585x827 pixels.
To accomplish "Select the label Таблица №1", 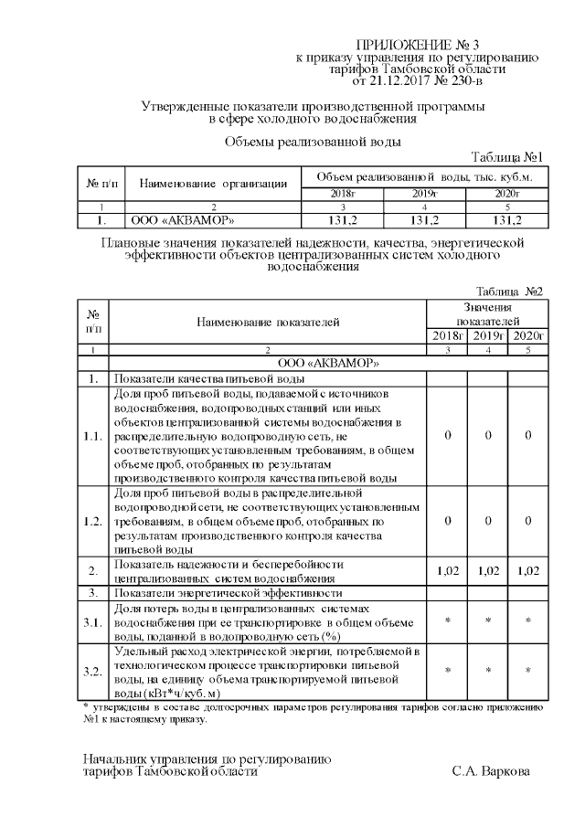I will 507,156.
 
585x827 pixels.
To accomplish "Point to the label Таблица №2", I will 509,292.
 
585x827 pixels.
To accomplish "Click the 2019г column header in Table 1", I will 425,194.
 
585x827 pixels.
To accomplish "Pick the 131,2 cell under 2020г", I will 506,220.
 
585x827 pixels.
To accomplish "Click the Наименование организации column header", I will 213,184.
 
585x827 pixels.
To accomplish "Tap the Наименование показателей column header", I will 267,322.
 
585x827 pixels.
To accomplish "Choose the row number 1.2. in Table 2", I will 91,521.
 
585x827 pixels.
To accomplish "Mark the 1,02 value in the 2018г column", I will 447,570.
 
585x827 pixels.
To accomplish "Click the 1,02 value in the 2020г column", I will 527,570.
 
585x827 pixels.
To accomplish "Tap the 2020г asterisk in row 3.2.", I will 527,672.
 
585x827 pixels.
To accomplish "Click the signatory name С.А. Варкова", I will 490,771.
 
